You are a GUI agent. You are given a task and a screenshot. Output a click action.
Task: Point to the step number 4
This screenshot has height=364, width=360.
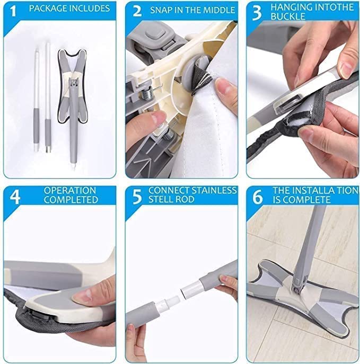click(x=15, y=197)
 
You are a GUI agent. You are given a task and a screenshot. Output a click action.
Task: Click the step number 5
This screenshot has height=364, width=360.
click(x=137, y=197)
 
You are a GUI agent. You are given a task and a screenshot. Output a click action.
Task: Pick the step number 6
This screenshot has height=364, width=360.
click(x=258, y=197)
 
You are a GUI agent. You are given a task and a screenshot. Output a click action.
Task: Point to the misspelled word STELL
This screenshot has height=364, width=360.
click(x=161, y=200)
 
